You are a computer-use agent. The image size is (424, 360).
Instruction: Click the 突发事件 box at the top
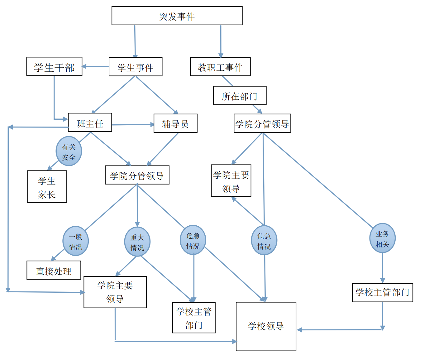(177, 16)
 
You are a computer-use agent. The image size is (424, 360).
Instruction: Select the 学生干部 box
(54, 66)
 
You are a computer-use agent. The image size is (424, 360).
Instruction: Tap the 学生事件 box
(136, 67)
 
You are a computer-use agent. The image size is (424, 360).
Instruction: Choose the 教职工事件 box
(220, 67)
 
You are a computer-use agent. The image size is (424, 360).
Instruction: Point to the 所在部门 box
(240, 96)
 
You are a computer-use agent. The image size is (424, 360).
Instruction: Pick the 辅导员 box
(175, 123)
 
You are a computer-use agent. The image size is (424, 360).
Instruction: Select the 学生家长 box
(47, 187)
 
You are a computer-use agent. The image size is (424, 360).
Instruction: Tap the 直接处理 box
(54, 270)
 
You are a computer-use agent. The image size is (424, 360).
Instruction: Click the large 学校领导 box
(266, 326)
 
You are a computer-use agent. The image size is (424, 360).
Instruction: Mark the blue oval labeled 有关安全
(69, 151)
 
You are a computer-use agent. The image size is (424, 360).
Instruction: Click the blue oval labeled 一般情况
(75, 241)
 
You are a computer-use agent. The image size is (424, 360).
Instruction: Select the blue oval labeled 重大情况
(137, 242)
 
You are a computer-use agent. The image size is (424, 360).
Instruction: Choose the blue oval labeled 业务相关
(382, 238)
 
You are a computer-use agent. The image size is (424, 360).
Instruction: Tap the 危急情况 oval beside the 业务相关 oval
(264, 241)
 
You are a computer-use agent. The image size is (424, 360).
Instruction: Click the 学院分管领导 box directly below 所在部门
(262, 123)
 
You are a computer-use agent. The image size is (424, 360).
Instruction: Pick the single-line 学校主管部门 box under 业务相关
(382, 293)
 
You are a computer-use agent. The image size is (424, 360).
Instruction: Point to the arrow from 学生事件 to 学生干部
(95, 66)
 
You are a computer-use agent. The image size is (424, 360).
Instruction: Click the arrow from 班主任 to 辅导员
(133, 125)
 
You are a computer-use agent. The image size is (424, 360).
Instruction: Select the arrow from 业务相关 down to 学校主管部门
(383, 268)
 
